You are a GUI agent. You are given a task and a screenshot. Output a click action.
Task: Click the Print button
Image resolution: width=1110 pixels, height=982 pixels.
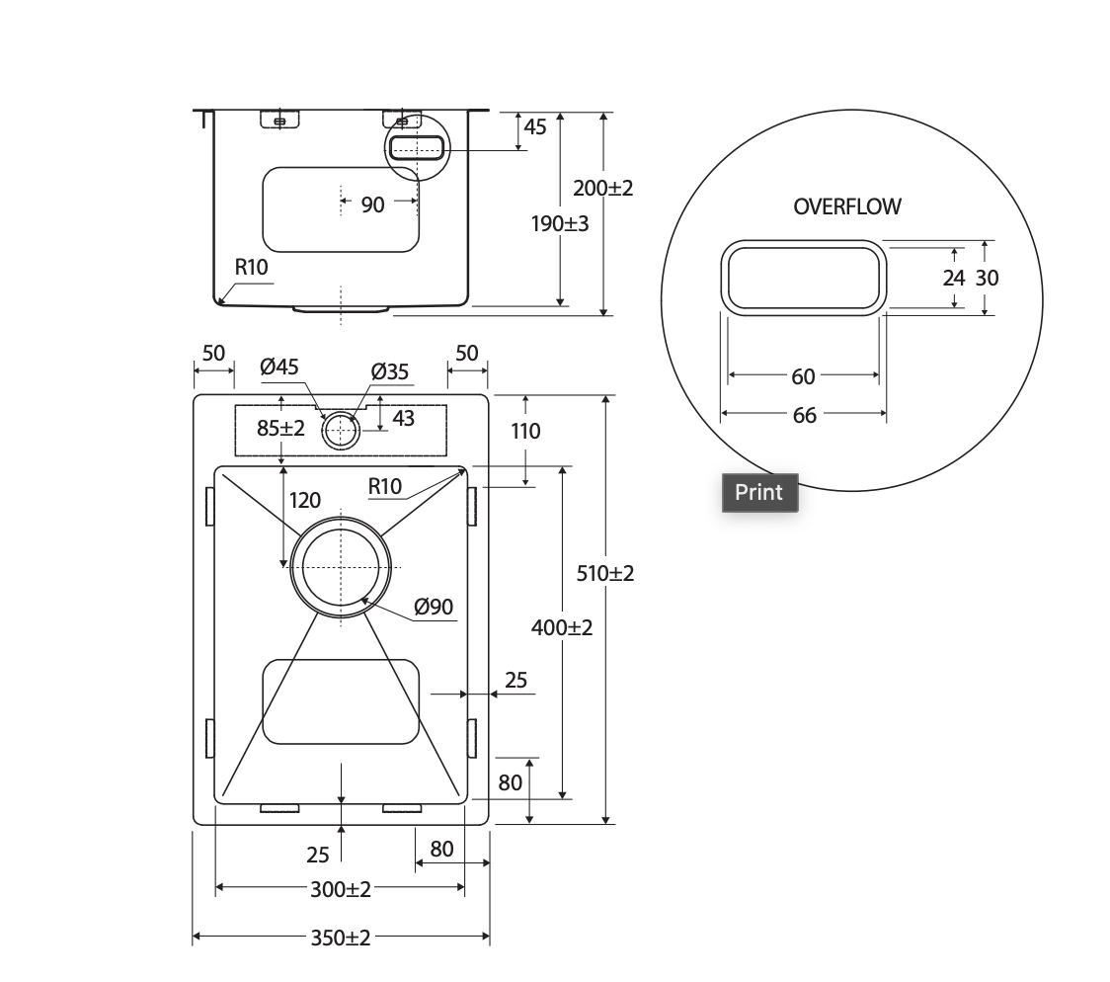[759, 492]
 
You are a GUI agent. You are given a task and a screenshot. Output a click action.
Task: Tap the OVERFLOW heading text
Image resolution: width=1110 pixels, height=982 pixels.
[846, 206]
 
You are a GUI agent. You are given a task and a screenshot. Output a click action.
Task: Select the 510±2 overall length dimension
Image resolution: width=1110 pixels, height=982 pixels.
[605, 573]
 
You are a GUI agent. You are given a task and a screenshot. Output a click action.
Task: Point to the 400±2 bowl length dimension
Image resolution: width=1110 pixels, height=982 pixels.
[562, 626]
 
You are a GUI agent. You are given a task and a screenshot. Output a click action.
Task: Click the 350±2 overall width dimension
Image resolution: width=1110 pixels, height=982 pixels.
[341, 939]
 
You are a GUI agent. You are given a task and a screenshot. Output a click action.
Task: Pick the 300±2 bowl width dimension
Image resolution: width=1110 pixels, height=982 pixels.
[341, 888]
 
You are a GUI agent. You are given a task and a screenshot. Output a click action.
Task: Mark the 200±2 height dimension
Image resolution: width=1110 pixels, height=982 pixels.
[603, 188]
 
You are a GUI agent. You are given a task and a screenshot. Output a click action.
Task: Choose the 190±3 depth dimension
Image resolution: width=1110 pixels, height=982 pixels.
[560, 223]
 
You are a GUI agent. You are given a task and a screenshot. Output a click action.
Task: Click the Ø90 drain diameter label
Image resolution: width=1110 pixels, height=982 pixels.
[434, 607]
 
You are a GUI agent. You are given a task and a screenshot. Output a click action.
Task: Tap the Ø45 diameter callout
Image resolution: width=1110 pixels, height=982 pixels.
[278, 367]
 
